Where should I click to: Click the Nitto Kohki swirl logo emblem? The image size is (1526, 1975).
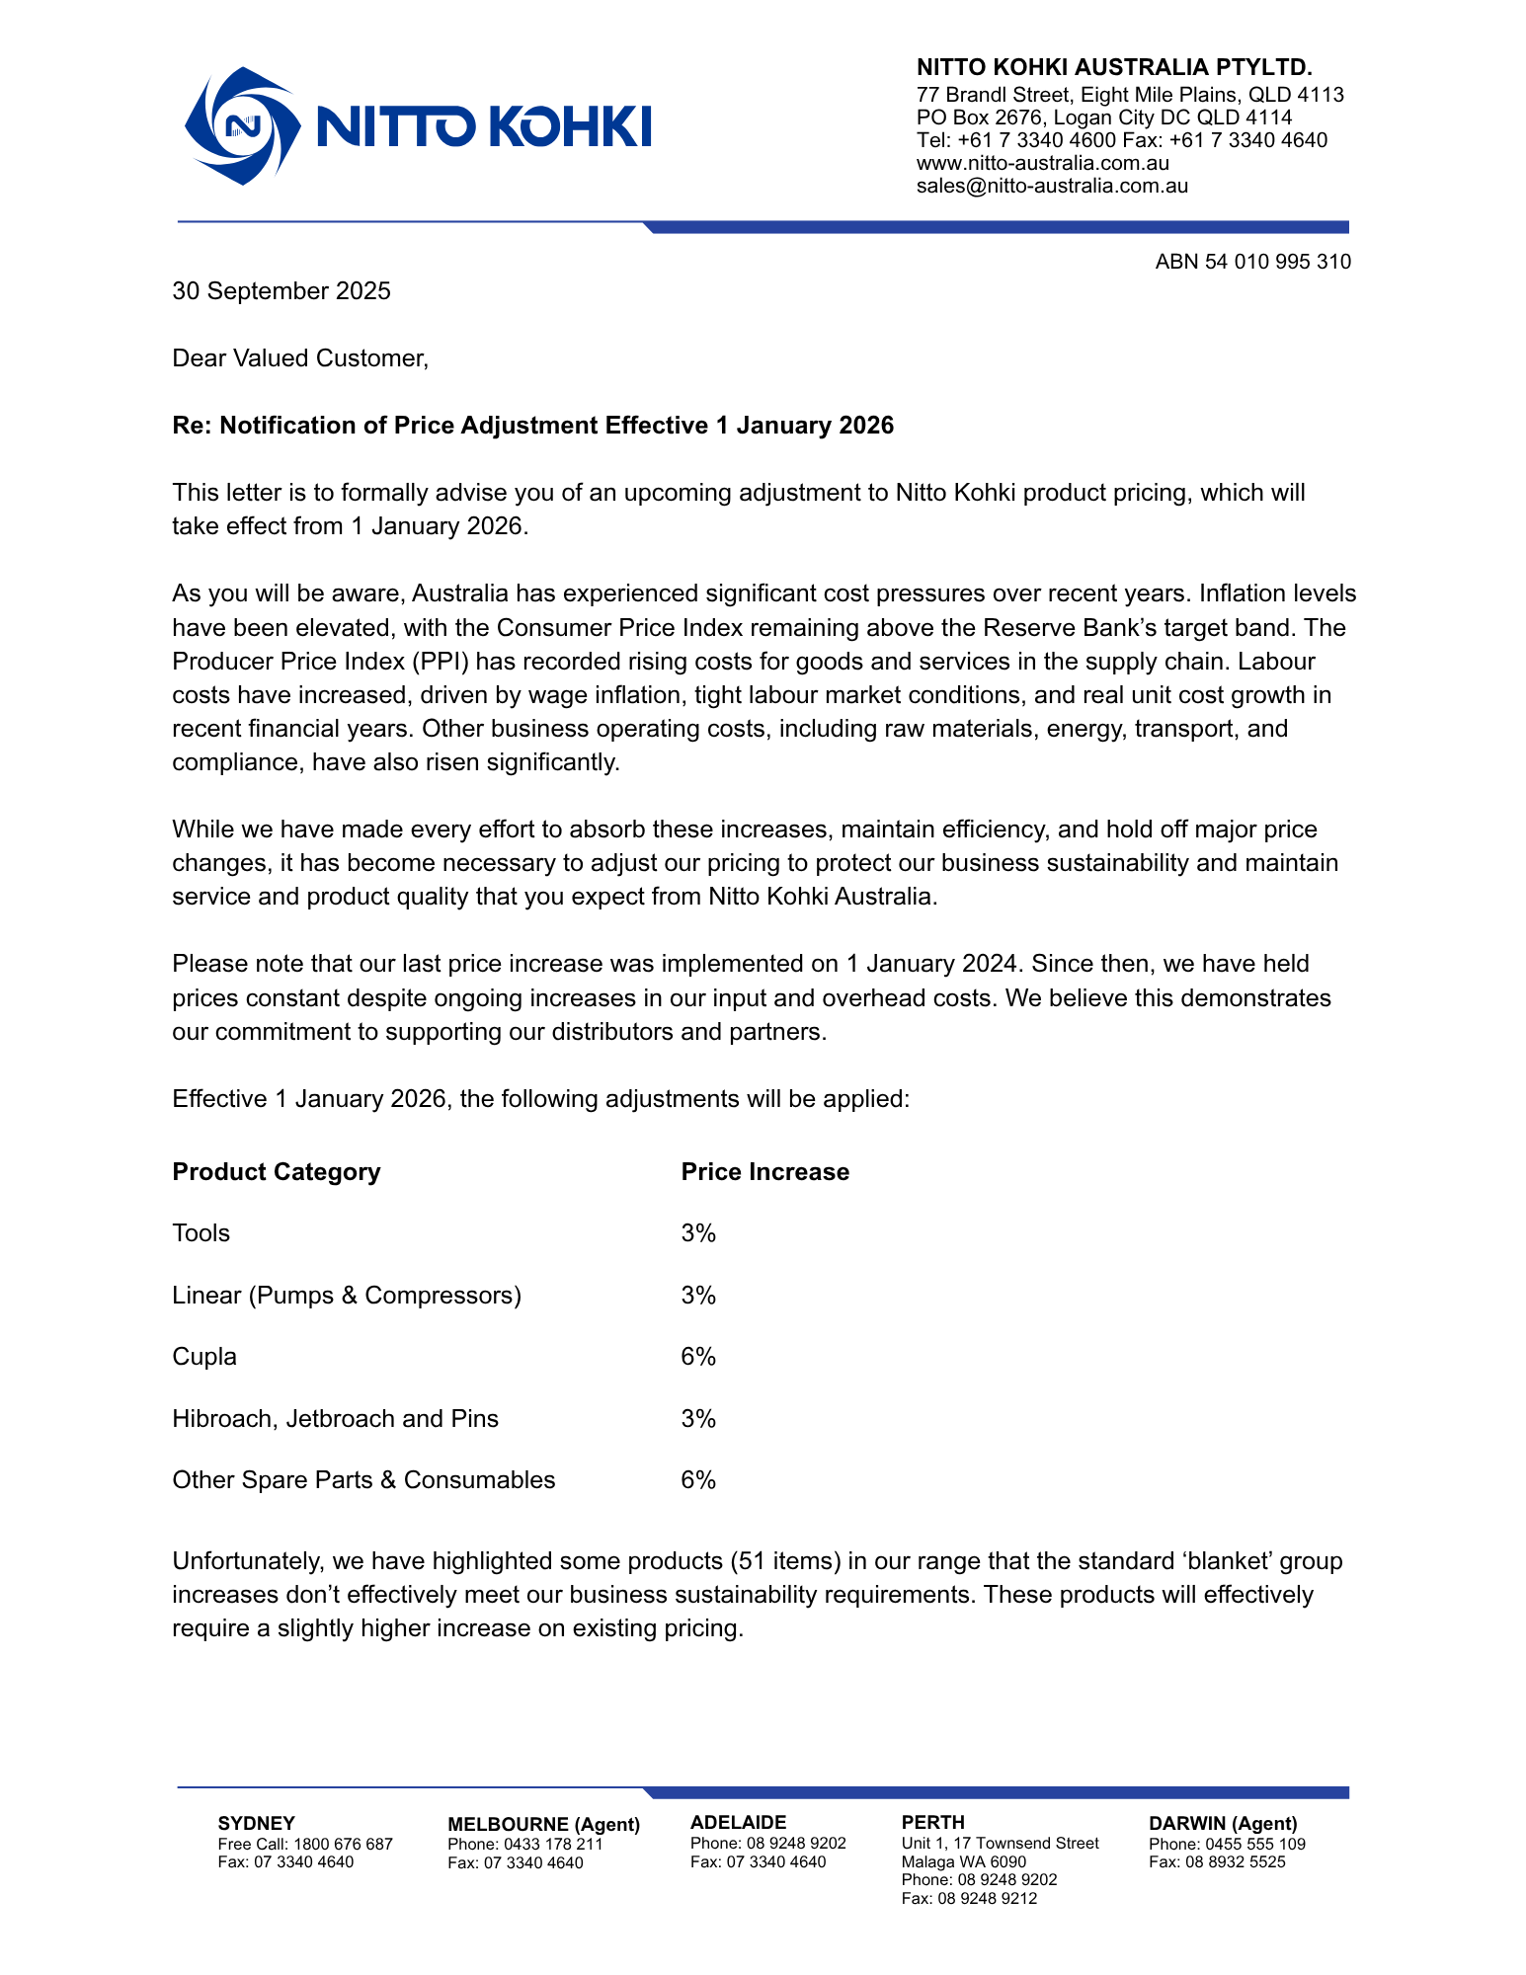pyautogui.click(x=242, y=125)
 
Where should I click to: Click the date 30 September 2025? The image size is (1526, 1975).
pyautogui.click(x=281, y=291)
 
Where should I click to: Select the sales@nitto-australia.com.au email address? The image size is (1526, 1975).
pyautogui.click(x=1052, y=186)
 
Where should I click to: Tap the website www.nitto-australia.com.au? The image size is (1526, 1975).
pyautogui.click(x=1042, y=163)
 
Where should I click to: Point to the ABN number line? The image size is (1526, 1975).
pyautogui.click(x=1252, y=262)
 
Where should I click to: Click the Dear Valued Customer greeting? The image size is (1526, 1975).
pyautogui.click(x=300, y=358)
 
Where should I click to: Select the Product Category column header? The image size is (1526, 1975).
pyautogui.click(x=276, y=1172)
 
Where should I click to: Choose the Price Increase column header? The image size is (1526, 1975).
pyautogui.click(x=764, y=1172)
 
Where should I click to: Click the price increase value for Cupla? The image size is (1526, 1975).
pyautogui.click(x=697, y=1357)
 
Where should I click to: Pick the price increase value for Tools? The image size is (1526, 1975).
pyautogui.click(x=697, y=1233)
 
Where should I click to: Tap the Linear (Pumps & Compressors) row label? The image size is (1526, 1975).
pyautogui.click(x=346, y=1296)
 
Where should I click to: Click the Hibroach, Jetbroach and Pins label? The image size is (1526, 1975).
pyautogui.click(x=335, y=1419)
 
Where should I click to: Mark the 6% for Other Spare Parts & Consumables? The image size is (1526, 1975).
pyautogui.click(x=697, y=1480)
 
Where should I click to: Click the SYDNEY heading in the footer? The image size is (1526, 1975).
pyautogui.click(x=256, y=1823)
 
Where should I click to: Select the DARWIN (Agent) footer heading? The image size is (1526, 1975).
pyautogui.click(x=1223, y=1823)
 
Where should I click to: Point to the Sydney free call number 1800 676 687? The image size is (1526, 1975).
pyautogui.click(x=343, y=1844)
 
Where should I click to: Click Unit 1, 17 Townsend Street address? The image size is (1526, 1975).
pyautogui.click(x=1000, y=1843)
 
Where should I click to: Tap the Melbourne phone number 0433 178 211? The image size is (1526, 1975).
pyautogui.click(x=553, y=1844)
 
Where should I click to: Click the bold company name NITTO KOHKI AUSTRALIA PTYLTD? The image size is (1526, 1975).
pyautogui.click(x=1113, y=67)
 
